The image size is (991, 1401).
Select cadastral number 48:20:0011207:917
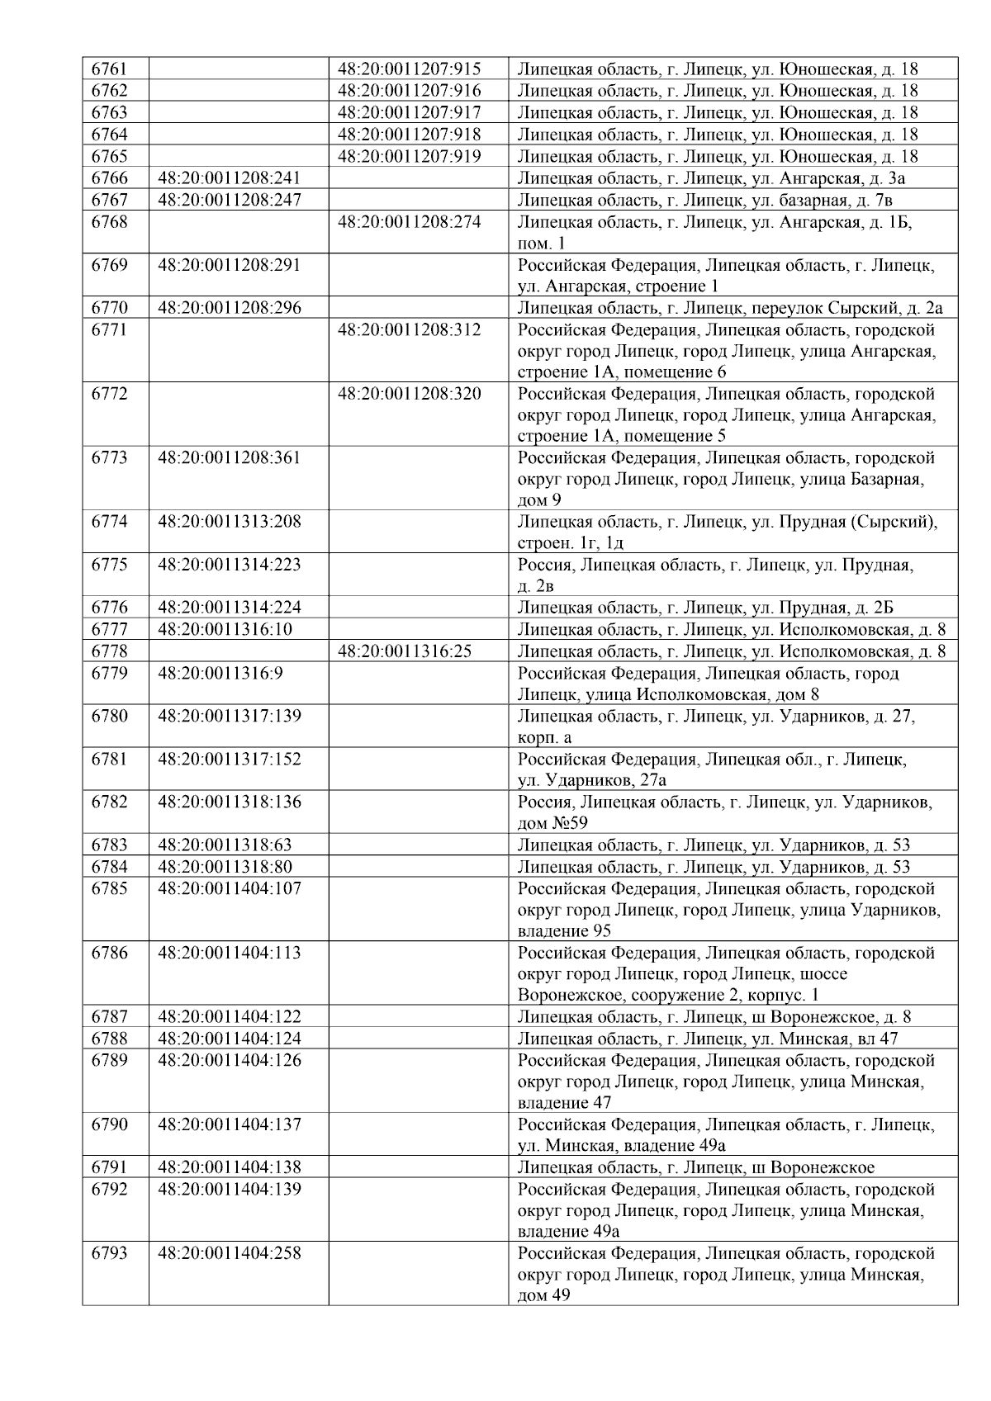[x=410, y=113]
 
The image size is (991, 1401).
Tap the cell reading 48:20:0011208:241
[x=230, y=178]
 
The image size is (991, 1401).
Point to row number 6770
[x=110, y=308]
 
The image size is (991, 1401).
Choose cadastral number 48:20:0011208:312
[x=410, y=330]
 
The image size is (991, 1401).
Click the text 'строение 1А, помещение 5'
[x=622, y=437]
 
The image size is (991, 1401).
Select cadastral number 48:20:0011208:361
[x=230, y=458]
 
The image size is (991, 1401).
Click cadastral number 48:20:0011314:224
[x=230, y=608]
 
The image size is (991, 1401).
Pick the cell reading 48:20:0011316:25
[x=405, y=651]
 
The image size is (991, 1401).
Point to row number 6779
[x=110, y=673]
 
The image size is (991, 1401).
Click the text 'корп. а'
[x=544, y=737]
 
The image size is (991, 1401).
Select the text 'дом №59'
[x=552, y=823]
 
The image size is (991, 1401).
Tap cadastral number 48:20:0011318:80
[x=225, y=867]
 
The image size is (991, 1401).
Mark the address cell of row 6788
[x=707, y=1039]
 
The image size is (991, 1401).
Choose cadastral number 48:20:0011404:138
[x=230, y=1167]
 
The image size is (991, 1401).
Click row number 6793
[x=110, y=1253]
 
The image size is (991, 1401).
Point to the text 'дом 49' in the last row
[x=543, y=1296]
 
